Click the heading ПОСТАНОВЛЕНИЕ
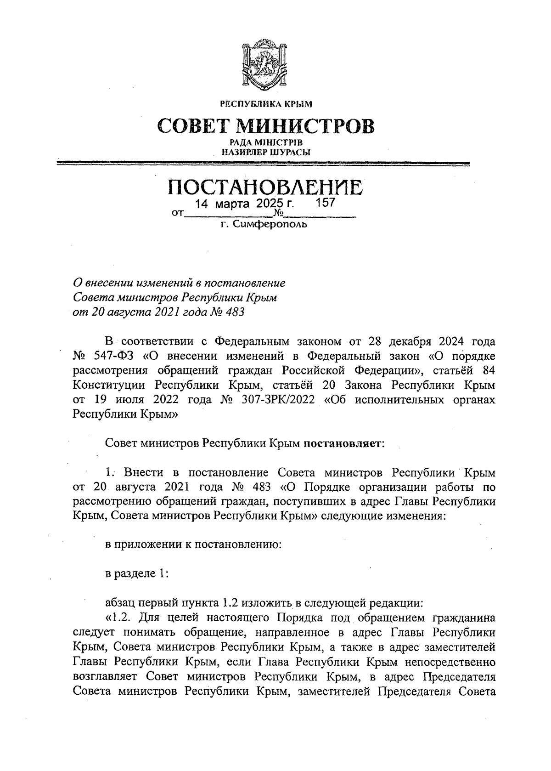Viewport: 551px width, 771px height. (265, 187)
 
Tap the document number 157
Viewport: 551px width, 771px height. (326, 203)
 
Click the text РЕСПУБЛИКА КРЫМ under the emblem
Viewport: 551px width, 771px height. (266, 104)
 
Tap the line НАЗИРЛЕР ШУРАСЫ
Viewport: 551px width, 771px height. (266, 152)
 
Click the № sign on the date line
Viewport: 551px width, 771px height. (278, 214)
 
